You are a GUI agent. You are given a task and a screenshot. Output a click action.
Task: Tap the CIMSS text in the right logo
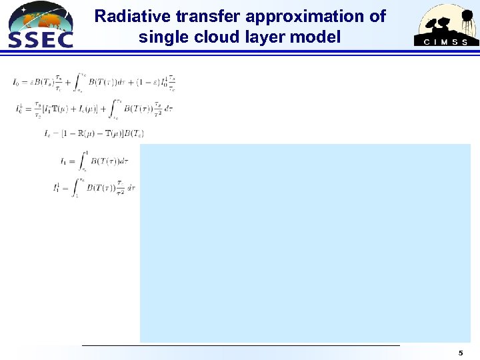[x=447, y=42]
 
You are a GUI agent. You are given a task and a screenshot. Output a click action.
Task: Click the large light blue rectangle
[x=305, y=243]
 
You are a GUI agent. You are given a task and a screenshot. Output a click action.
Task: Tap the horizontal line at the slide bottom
[x=240, y=345]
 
